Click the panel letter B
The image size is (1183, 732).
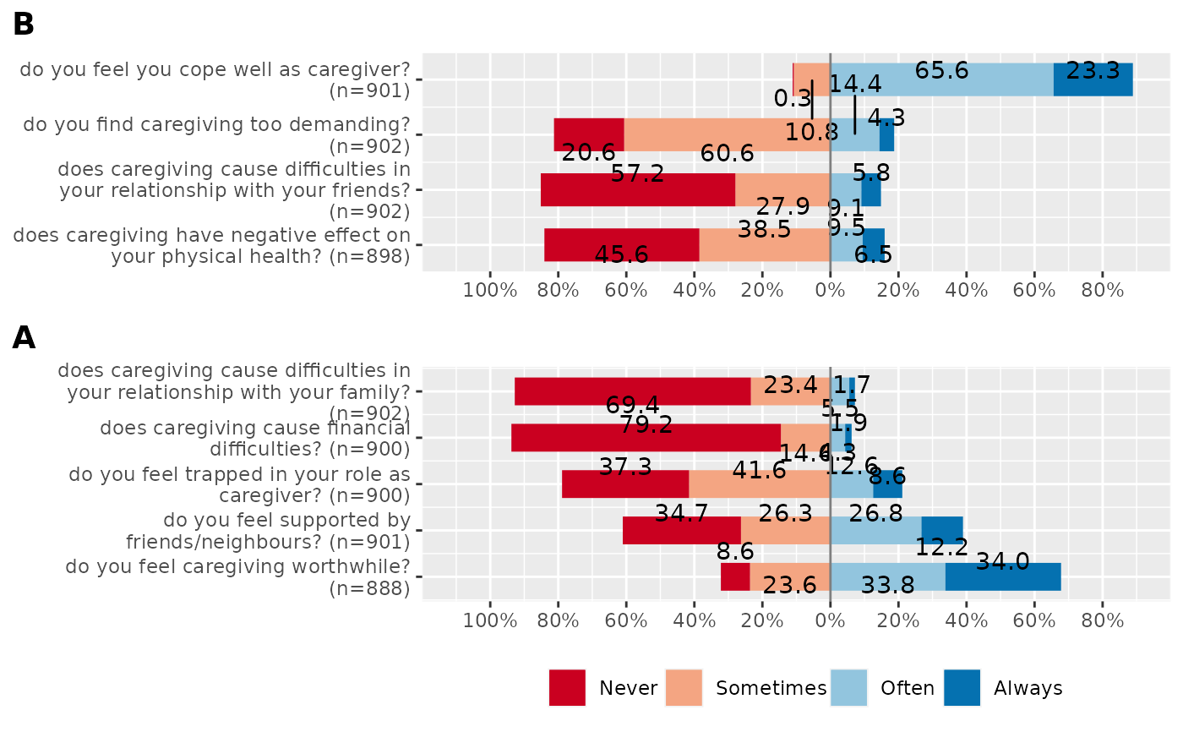(24, 25)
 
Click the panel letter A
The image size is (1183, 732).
(24, 338)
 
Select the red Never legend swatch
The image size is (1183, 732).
(567, 688)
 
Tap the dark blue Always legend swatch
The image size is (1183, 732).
(962, 688)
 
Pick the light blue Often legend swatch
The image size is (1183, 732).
(848, 688)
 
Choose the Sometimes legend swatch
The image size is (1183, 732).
(684, 688)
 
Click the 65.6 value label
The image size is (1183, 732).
(941, 71)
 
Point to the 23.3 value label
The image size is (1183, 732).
(1093, 71)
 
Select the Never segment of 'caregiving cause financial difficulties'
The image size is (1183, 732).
(646, 438)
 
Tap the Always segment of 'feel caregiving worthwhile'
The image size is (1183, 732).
(1002, 577)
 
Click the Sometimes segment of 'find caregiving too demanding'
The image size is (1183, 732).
(727, 134)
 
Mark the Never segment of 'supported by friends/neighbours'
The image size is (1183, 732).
(681, 530)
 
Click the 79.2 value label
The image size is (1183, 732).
(646, 424)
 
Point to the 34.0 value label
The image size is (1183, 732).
(1002, 561)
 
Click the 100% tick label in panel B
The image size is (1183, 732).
(490, 290)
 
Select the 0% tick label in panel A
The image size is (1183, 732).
(830, 620)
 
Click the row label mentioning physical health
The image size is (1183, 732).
(211, 245)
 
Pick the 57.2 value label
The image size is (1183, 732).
(637, 175)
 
